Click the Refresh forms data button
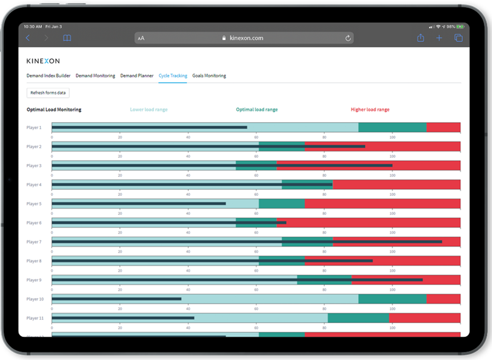[x=48, y=93]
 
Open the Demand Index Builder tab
[x=49, y=76]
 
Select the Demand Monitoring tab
[x=95, y=76]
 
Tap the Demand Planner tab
[x=136, y=76]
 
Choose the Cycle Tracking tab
[x=173, y=76]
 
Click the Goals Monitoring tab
[x=209, y=76]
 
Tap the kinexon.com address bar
[x=244, y=38]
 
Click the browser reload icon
[x=348, y=38]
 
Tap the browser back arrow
[x=28, y=38]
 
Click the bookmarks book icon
[x=67, y=38]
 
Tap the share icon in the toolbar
[x=420, y=38]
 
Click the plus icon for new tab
[x=439, y=38]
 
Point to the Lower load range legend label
[x=148, y=110]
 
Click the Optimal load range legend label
[x=257, y=110]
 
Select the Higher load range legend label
[x=370, y=110]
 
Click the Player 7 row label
[x=34, y=242]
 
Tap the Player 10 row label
[x=35, y=299]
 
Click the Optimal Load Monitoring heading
[x=54, y=110]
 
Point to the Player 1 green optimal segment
[x=392, y=127]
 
